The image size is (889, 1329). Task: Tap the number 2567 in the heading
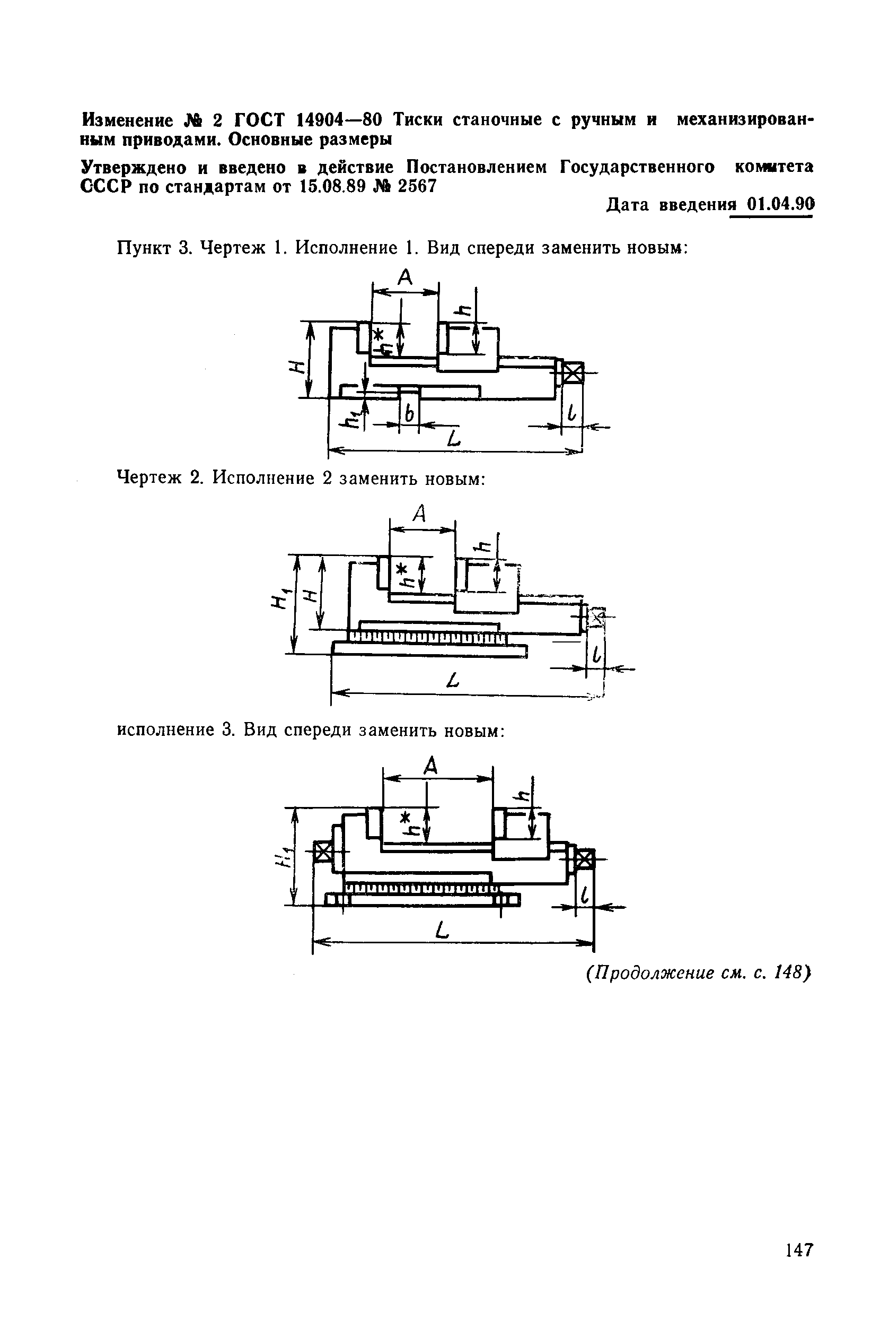[x=417, y=186]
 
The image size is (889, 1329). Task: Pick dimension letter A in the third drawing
[x=432, y=767]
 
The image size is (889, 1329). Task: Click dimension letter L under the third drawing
[x=443, y=930]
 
